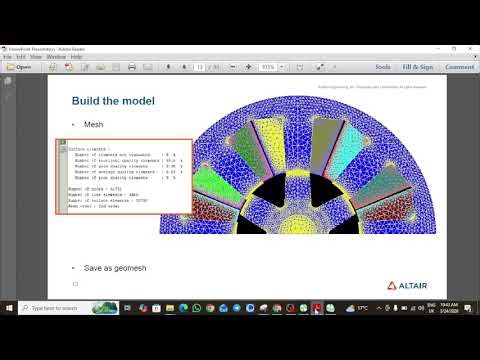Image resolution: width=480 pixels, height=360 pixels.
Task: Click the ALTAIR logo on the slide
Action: [x=404, y=284]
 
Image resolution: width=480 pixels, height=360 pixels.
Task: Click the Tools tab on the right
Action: [x=382, y=68]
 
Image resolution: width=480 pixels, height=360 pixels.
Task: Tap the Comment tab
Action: [x=459, y=68]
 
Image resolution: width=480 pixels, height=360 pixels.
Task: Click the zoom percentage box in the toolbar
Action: [x=267, y=68]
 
